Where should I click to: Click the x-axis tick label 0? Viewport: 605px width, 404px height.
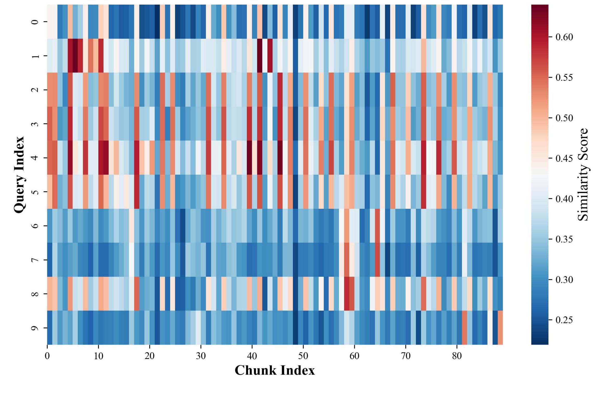[x=47, y=356]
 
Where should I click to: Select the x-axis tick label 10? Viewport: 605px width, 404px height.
[x=98, y=356]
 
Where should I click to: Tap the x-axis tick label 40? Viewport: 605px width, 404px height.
[x=252, y=356]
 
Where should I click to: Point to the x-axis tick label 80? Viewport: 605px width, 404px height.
[x=457, y=356]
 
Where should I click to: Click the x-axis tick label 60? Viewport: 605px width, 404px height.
[x=354, y=356]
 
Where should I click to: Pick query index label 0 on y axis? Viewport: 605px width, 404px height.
[x=35, y=22]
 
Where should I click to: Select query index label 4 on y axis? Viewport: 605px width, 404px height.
[x=35, y=158]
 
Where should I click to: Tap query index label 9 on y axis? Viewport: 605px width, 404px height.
[x=35, y=328]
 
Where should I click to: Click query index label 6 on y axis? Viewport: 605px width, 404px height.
[x=35, y=226]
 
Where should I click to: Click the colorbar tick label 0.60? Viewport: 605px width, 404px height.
[x=564, y=37]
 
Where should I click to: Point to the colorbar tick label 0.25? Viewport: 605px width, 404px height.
[x=564, y=320]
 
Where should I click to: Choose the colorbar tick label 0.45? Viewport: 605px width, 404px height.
[x=564, y=158]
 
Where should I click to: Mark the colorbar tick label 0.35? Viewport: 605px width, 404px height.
[x=564, y=239]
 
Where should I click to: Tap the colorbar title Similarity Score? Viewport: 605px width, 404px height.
[x=583, y=174]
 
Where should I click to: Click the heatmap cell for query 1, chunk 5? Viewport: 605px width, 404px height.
[x=75, y=56]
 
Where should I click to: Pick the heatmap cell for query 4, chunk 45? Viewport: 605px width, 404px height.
[x=280, y=158]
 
